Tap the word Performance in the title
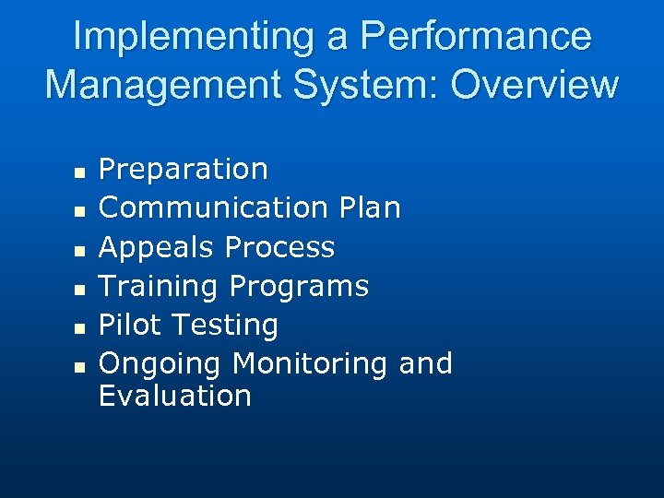click(x=476, y=37)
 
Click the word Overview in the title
click(x=535, y=84)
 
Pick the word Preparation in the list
click(x=183, y=170)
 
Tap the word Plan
click(x=369, y=208)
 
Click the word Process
click(x=279, y=247)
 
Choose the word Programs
click(x=299, y=287)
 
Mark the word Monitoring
click(x=311, y=364)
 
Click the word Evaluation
click(x=174, y=397)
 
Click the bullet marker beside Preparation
click(x=79, y=172)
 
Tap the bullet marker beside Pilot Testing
click(x=79, y=327)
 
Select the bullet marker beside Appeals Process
click(x=79, y=250)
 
